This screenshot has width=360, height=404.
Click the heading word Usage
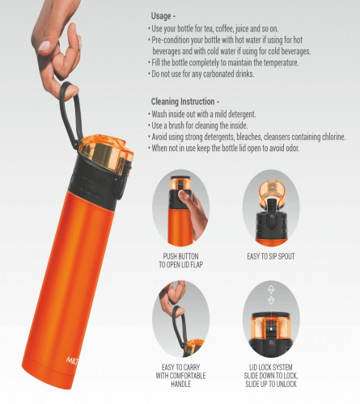(161, 16)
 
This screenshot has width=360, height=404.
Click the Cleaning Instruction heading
(183, 102)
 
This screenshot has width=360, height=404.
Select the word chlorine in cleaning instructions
(333, 137)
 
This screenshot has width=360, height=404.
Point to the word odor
(292, 148)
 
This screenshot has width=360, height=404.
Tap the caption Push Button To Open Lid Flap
(180, 260)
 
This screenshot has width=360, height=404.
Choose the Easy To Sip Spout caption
(271, 256)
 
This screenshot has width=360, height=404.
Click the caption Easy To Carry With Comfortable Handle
(180, 376)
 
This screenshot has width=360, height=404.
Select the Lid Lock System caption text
(271, 376)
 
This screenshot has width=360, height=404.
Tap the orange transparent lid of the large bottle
(107, 153)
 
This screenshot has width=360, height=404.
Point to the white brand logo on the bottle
(72, 360)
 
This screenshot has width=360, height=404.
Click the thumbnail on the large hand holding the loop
(44, 46)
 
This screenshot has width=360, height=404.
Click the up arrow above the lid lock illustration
(271, 289)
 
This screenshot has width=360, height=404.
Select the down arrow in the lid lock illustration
(271, 300)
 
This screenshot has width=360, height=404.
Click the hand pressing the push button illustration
(194, 212)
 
